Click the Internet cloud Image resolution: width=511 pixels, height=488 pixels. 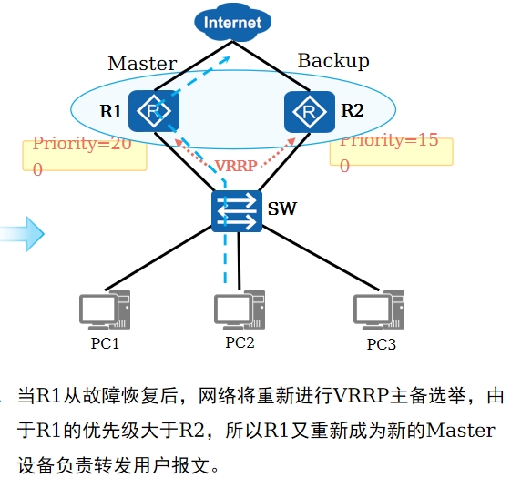click(232, 23)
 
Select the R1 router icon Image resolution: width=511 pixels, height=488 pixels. click(154, 111)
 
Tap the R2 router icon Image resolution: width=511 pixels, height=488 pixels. click(310, 112)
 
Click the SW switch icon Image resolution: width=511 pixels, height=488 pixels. click(237, 211)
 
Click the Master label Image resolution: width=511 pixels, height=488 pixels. click(142, 63)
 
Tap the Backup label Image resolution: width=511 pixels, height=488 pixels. click(333, 61)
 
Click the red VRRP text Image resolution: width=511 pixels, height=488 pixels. click(236, 166)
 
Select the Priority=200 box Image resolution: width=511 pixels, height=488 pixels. click(85, 156)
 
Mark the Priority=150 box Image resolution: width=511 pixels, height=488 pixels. click(391, 152)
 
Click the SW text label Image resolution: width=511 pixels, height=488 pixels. click(281, 208)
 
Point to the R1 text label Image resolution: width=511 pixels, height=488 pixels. click(110, 111)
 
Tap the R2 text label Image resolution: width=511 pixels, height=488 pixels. click(353, 110)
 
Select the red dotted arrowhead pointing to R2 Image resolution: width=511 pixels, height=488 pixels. click(291, 142)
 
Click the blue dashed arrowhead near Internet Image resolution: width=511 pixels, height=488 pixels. click(226, 60)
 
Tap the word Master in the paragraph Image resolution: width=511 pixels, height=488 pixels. click(461, 431)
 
